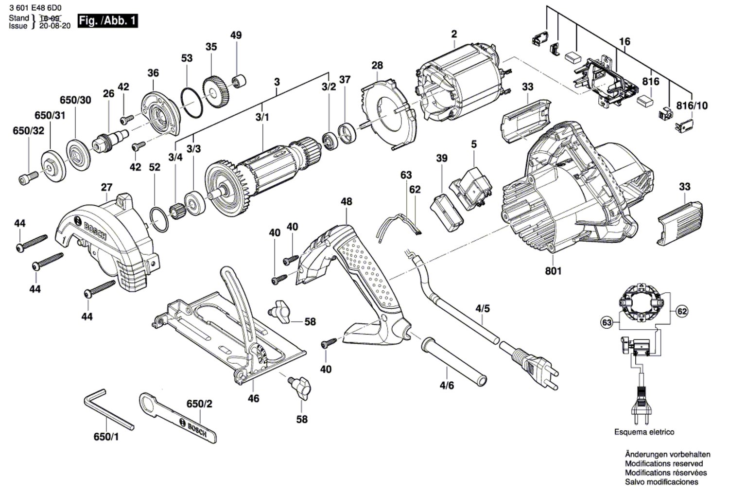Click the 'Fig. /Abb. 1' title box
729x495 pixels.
[x=107, y=21]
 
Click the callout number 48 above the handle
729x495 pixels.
[x=347, y=201]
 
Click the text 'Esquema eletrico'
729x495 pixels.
[x=644, y=432]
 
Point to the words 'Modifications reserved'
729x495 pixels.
[x=664, y=463]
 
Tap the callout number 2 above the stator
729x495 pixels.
[x=454, y=34]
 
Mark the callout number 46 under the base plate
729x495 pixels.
[x=253, y=398]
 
